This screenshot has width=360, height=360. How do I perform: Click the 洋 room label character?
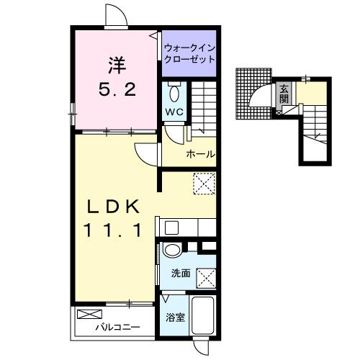click(x=116, y=66)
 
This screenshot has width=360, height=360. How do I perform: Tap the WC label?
click(x=175, y=112)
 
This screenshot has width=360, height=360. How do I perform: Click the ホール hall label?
click(x=200, y=154)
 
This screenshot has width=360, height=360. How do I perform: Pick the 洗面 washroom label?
click(x=181, y=274)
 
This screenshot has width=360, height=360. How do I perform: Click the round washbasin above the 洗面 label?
click(x=172, y=251)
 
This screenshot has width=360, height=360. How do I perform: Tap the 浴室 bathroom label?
click(x=176, y=317)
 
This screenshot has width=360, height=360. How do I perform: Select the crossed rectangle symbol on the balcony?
click(x=91, y=315)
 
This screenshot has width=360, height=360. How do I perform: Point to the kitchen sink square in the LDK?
click(x=171, y=228)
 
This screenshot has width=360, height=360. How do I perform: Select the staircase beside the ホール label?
click(x=206, y=108)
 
